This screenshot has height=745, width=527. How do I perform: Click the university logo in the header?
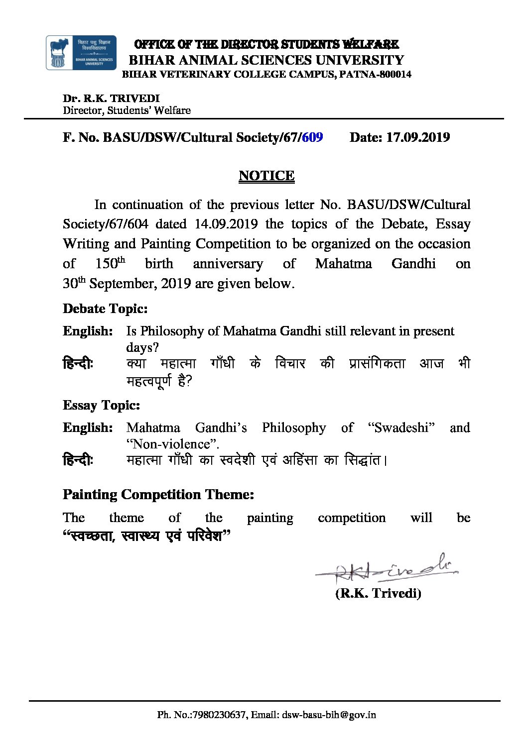tap(81, 53)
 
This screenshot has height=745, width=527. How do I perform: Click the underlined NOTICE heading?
tap(266, 176)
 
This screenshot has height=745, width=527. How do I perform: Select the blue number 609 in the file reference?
tap(312, 137)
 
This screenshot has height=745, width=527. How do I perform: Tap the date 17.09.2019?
tap(418, 137)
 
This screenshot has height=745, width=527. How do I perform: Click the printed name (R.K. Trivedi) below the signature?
tap(378, 593)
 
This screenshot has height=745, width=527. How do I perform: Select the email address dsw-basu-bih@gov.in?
tap(329, 715)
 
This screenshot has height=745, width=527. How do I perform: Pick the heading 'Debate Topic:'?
tap(105, 309)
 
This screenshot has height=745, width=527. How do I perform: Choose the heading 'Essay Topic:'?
tap(101, 405)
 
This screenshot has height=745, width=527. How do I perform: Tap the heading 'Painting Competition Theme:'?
tap(158, 494)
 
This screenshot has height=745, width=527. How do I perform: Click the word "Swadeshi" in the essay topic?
tap(401, 427)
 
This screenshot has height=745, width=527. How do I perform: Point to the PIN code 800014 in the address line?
tap(395, 75)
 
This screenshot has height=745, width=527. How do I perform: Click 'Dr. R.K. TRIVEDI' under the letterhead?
tap(111, 99)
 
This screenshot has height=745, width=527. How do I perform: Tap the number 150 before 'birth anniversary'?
tap(106, 264)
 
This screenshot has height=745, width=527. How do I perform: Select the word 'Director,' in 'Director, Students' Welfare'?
tap(84, 110)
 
